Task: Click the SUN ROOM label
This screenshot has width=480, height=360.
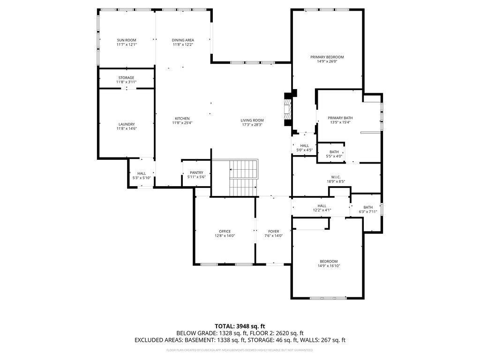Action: click(x=127, y=40)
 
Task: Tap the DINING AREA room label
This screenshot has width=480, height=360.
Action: click(x=183, y=40)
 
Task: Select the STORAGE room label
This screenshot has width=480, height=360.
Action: click(x=126, y=78)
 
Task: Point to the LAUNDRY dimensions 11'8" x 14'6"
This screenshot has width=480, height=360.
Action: click(x=127, y=129)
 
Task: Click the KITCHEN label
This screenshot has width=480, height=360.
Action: click(x=182, y=119)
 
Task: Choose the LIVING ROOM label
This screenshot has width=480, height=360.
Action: click(x=252, y=120)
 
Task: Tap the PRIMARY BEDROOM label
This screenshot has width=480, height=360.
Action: click(x=327, y=57)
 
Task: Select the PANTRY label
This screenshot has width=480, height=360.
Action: click(x=196, y=172)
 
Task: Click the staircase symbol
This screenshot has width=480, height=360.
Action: click(x=243, y=178)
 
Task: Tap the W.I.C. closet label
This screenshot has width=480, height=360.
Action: click(x=336, y=177)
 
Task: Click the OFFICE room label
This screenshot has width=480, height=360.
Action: click(x=225, y=232)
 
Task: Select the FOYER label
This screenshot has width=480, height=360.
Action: click(x=274, y=232)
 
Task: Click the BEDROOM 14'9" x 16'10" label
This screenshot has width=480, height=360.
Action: click(x=329, y=262)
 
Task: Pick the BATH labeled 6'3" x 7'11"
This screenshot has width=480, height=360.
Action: click(x=368, y=208)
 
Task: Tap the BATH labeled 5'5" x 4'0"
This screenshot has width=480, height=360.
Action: click(x=334, y=152)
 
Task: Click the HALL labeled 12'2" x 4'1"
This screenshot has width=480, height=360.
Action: click(x=322, y=206)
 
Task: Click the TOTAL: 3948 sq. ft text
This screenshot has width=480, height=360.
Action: click(x=240, y=326)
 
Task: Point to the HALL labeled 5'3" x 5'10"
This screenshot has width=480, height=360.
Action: click(x=142, y=173)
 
